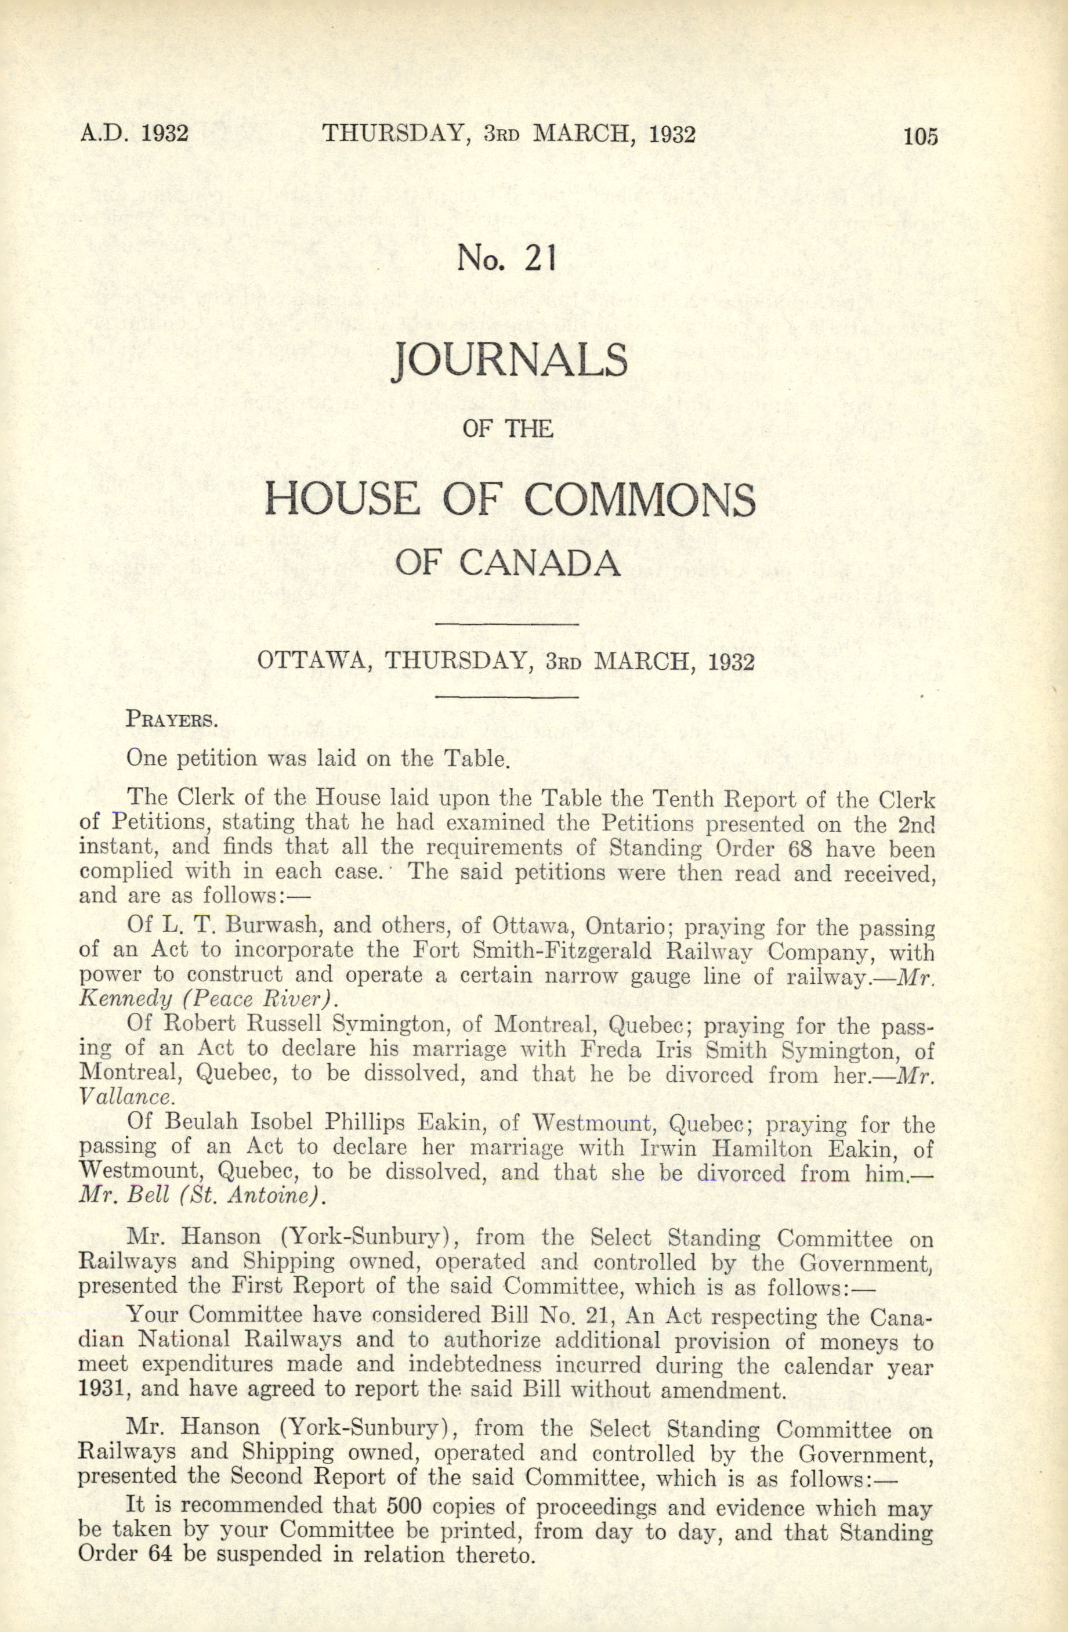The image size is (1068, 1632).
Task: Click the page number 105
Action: (919, 136)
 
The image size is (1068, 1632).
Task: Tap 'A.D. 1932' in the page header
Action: (135, 132)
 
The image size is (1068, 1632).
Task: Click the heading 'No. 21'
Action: (506, 258)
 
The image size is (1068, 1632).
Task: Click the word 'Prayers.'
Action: (172, 720)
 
